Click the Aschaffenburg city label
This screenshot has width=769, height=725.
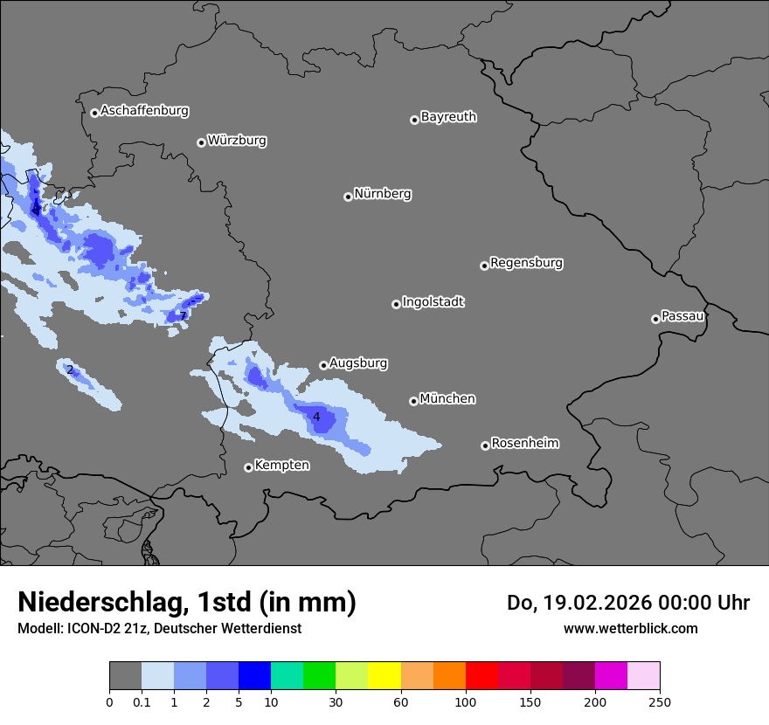pos(144,111)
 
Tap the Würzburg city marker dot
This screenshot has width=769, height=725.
pos(201,142)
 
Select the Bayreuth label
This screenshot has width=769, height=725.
pos(448,116)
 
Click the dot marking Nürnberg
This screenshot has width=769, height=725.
pos(348,197)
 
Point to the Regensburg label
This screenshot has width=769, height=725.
pos(526,262)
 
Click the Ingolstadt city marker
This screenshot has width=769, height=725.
pos(396,304)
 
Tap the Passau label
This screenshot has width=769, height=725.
pos(682,315)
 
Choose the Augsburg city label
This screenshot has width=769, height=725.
pos(358,362)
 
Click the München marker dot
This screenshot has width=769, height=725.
pos(413,401)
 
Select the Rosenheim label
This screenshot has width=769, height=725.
pos(524,443)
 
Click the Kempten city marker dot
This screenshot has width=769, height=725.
pos(248,467)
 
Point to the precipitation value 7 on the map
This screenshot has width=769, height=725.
pos(183,315)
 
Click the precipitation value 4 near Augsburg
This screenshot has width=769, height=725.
pos(316,417)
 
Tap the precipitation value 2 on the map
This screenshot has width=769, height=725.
pos(70,369)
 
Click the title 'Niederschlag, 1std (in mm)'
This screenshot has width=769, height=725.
pos(187,602)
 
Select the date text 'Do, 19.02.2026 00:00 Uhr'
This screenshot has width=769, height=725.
pos(627,603)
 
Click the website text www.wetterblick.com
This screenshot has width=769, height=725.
pos(630,628)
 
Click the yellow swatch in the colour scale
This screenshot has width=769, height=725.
pos(384,676)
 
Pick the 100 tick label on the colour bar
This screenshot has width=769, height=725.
pos(466,701)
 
